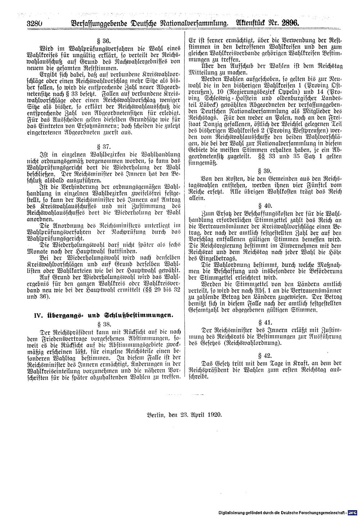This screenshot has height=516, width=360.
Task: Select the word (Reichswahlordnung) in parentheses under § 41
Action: click(x=252, y=344)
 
